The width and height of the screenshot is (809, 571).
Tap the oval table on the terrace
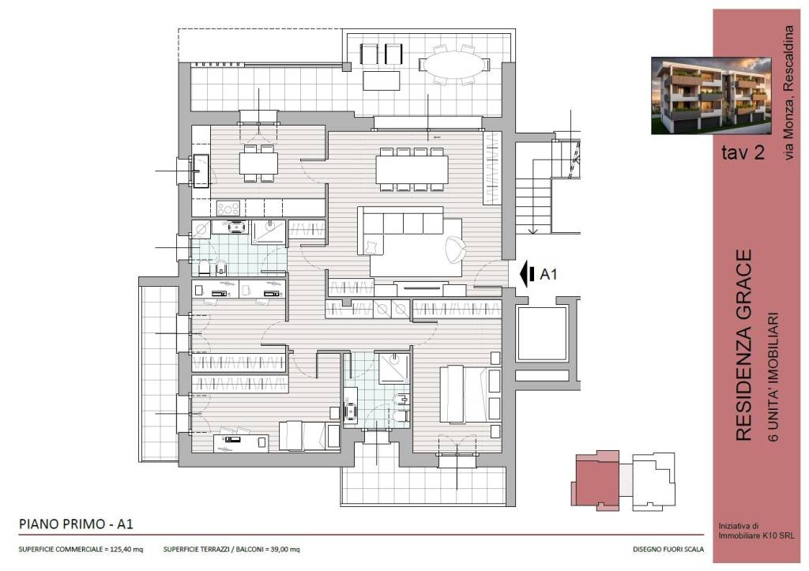pyautogui.click(x=454, y=65)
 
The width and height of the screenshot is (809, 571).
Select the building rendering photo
pyautogui.click(x=711, y=96)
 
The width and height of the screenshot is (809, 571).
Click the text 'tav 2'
pyautogui.click(x=743, y=152)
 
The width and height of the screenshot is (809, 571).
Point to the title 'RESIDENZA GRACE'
pyautogui.click(x=743, y=345)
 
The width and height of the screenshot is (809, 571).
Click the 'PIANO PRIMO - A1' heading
pyautogui.click(x=76, y=524)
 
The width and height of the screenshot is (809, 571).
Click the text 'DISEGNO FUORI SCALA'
pyautogui.click(x=668, y=550)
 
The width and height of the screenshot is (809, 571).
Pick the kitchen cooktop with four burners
pyautogui.click(x=228, y=208)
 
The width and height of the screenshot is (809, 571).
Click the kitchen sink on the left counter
pyautogui.click(x=201, y=171)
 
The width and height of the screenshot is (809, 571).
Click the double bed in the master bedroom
pyautogui.click(x=469, y=394)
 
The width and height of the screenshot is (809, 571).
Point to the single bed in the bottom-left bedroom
pyautogui.click(x=309, y=436)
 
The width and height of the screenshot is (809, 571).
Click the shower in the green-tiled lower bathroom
pyautogui.click(x=395, y=368)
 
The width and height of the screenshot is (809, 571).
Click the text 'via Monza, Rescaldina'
pyautogui.click(x=788, y=92)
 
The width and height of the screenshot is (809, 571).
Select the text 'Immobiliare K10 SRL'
pyautogui.click(x=756, y=536)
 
